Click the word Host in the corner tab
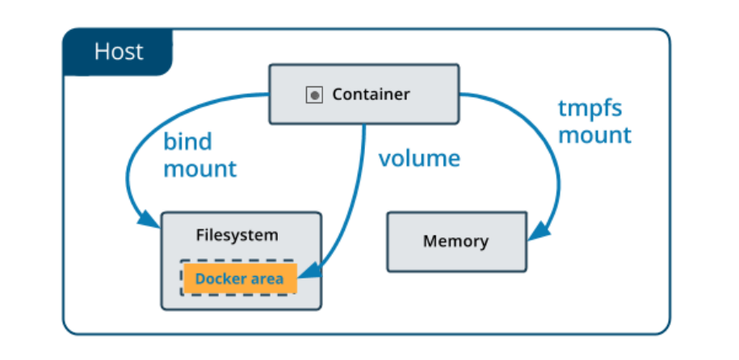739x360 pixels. (x=119, y=52)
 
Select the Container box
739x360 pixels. (x=363, y=94)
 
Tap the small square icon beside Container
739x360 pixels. (x=314, y=95)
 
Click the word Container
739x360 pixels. (x=371, y=94)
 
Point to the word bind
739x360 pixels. (x=187, y=141)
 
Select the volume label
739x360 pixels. (x=419, y=158)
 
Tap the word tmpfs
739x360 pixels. (x=590, y=109)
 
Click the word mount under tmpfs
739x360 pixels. (x=594, y=136)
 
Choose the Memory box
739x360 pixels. (x=456, y=241)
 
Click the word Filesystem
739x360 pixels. (x=237, y=235)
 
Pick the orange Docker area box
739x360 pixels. (x=240, y=278)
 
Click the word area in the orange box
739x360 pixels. (x=266, y=279)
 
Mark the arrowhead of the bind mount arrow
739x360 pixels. (x=149, y=219)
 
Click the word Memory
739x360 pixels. (x=456, y=241)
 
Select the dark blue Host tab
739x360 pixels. (x=118, y=52)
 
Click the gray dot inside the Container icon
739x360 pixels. (x=314, y=96)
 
